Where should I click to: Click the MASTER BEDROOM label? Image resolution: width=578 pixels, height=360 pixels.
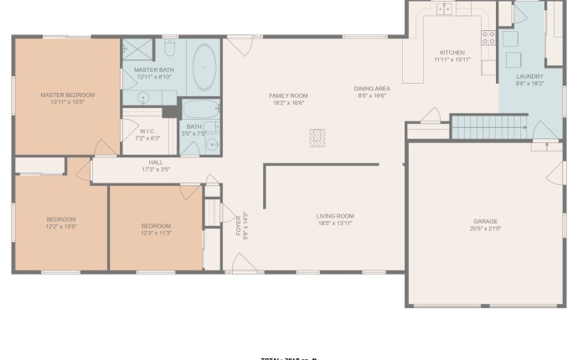pyautogui.click(x=68, y=95)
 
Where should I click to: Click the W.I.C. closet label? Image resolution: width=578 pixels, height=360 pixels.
pyautogui.click(x=147, y=131)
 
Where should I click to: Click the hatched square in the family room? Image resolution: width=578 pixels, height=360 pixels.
pyautogui.click(x=317, y=137)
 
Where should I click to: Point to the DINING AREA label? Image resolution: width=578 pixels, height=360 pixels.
pyautogui.click(x=372, y=89)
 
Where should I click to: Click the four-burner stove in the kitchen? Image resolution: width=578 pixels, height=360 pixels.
pyautogui.click(x=488, y=38)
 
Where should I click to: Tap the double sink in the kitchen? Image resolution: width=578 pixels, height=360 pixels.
pyautogui.click(x=445, y=8)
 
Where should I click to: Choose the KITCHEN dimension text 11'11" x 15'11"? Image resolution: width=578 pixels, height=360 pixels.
pyautogui.click(x=452, y=60)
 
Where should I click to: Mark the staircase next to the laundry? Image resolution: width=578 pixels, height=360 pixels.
pyautogui.click(x=488, y=128)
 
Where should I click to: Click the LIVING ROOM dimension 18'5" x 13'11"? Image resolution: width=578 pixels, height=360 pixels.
pyautogui.click(x=335, y=224)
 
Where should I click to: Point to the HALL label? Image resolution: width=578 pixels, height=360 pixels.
pyautogui.click(x=156, y=162)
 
